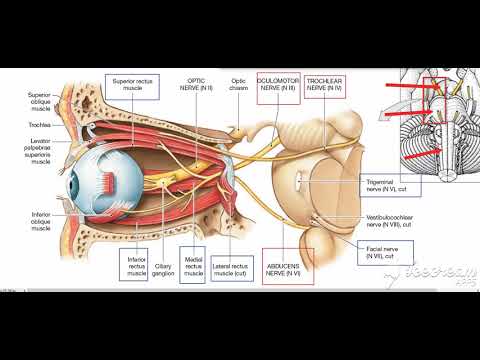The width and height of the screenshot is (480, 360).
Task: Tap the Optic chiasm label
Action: (238, 83)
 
